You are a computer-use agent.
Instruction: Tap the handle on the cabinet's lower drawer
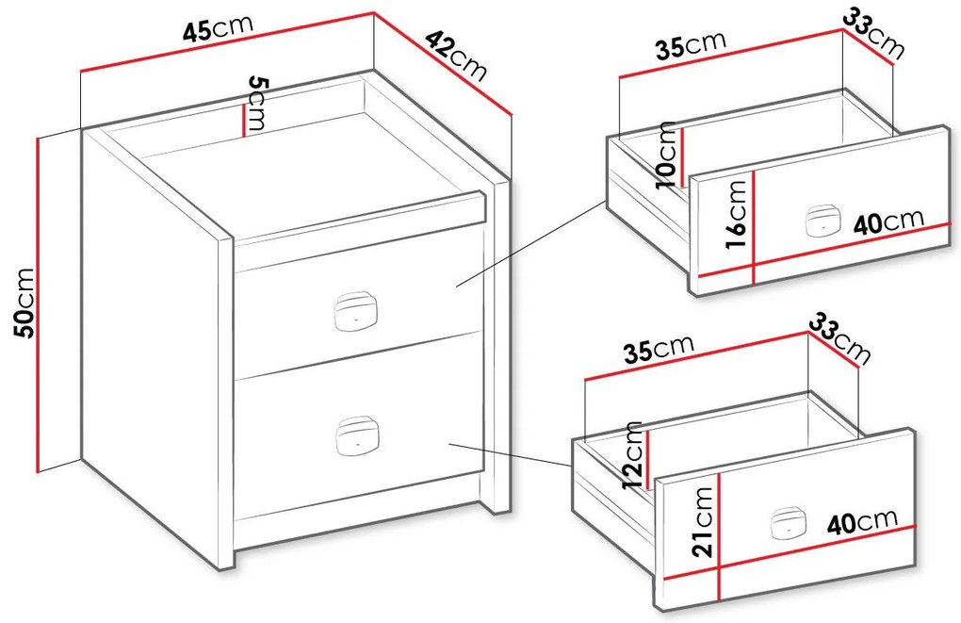[x=357, y=436]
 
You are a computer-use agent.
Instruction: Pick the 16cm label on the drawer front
[x=736, y=215]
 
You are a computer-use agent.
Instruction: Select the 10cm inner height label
[x=666, y=155]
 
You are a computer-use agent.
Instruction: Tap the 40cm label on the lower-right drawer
[x=861, y=522]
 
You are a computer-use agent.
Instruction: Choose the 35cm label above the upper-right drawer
[x=690, y=44]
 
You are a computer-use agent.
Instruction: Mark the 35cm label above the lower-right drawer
[x=658, y=349]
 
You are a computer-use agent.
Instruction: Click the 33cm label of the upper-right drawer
[x=872, y=36]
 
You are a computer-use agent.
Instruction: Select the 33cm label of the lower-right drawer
[x=839, y=339]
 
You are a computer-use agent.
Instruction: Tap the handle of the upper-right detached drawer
[x=821, y=221]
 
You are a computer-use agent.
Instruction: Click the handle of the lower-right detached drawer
[x=788, y=523]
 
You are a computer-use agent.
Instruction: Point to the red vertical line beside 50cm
[x=39, y=304]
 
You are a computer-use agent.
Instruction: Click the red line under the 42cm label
[x=443, y=63]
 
